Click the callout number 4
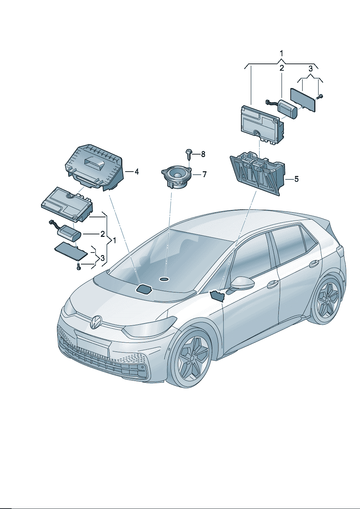tap(136, 172)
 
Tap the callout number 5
tap(296, 179)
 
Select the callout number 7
tap(205, 175)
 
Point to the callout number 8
tap(203, 154)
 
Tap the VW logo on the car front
tap(96, 322)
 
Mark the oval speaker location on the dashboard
tap(164, 279)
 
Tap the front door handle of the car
tap(273, 284)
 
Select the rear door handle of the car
tap(314, 263)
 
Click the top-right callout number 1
tap(282, 54)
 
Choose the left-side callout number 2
tap(102, 234)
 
